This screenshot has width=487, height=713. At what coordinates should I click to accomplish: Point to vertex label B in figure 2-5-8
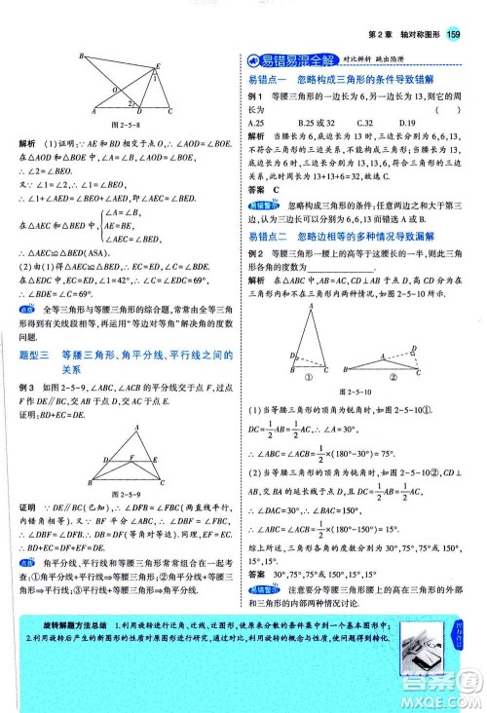coord(80,56)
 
